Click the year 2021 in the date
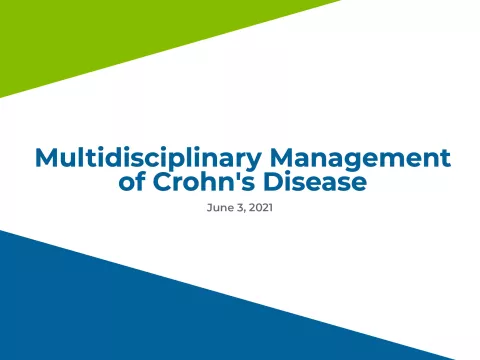(258, 211)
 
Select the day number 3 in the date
(236, 211)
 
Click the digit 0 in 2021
(255, 211)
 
